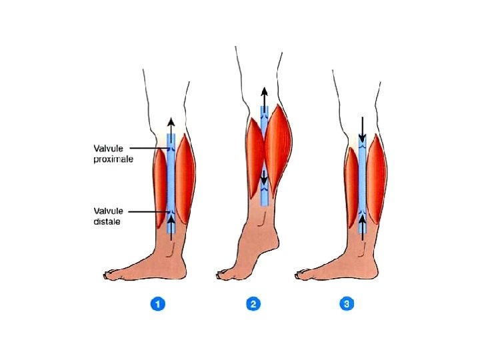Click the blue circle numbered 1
tap(157, 304)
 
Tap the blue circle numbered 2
tap(253, 304)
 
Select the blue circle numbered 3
tap(347, 304)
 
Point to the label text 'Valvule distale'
tap(107, 216)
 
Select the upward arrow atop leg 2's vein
tap(265, 97)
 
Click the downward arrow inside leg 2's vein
tap(265, 179)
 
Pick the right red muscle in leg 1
tap(185, 180)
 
